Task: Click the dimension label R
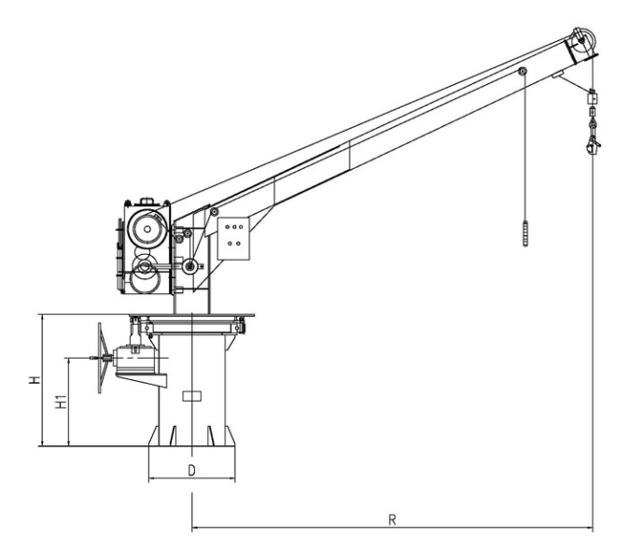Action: click(x=392, y=519)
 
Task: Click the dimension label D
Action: click(x=192, y=471)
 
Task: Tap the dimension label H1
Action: click(x=61, y=402)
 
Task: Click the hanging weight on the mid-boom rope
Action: click(x=525, y=233)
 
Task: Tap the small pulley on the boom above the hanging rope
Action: click(x=522, y=71)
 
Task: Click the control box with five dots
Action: click(x=233, y=239)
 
